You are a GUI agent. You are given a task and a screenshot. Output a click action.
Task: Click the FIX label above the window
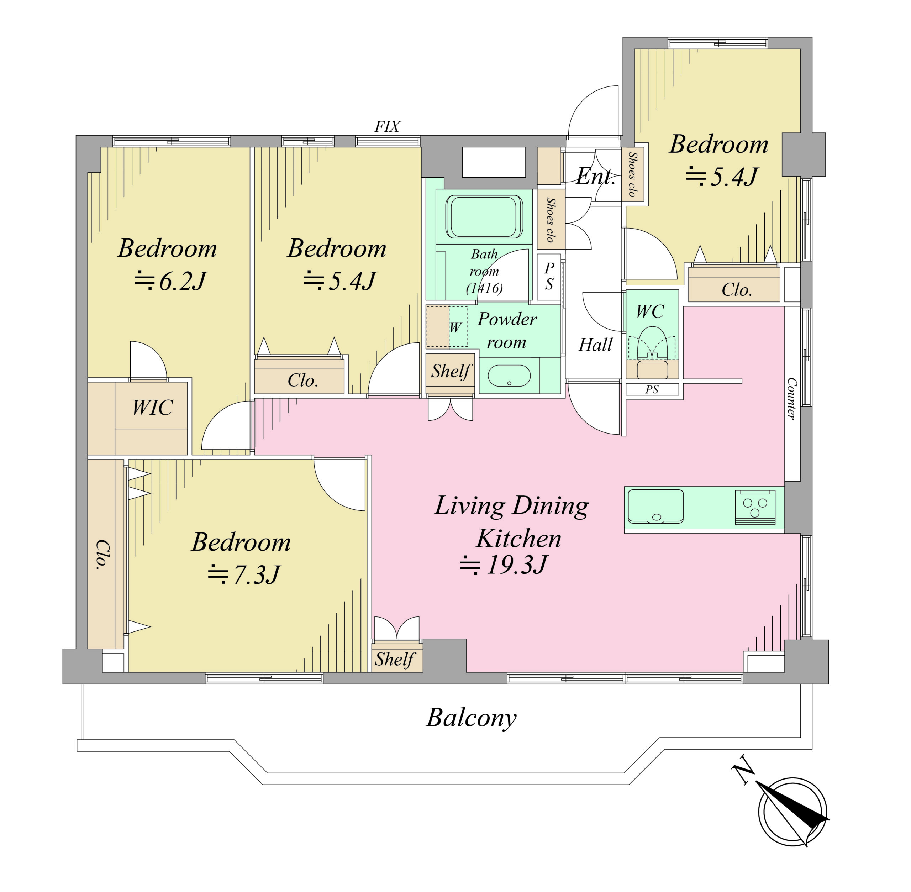tap(387, 126)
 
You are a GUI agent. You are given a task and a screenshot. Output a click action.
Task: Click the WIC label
tap(152, 407)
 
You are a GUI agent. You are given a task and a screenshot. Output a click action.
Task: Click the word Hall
tap(595, 345)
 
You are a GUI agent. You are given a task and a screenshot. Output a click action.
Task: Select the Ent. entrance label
tap(595, 177)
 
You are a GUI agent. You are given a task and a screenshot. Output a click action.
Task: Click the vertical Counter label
tap(791, 399)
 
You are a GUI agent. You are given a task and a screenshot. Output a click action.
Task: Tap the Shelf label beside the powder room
tap(451, 371)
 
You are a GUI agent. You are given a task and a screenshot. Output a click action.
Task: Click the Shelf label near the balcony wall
tap(395, 659)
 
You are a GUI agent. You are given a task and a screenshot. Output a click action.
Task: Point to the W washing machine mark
tap(455, 327)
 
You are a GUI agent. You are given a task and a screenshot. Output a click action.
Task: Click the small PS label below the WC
tap(652, 389)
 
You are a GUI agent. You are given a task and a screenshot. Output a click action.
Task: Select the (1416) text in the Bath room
tap(484, 288)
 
